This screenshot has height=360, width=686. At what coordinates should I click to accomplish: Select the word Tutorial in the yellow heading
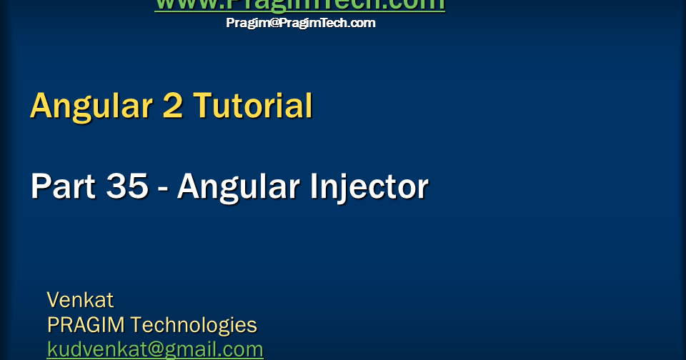point(253,106)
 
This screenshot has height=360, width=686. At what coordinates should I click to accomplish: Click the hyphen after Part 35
point(163,189)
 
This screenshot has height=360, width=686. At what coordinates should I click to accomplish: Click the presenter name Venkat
point(80,299)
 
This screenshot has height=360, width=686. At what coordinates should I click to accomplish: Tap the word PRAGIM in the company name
point(86,325)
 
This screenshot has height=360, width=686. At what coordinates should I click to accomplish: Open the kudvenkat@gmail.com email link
point(155,349)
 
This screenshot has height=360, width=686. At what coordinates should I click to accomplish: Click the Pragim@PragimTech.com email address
point(301,23)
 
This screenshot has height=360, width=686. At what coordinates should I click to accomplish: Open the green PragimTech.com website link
point(299,4)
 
